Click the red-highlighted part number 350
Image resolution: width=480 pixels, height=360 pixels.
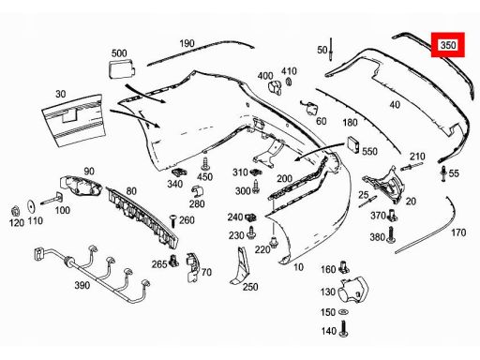(x=448, y=45)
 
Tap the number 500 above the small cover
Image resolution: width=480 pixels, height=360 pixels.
(x=119, y=53)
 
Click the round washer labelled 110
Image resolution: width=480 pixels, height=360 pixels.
(x=32, y=206)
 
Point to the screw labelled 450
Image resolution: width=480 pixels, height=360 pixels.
(x=205, y=164)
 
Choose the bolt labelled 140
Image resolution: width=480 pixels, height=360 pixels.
(x=343, y=329)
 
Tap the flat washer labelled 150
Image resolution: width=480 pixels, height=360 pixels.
(x=343, y=312)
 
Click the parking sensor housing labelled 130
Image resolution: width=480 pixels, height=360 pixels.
(x=353, y=290)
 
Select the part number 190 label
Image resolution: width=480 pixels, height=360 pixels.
(x=187, y=43)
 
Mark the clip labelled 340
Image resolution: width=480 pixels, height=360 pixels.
(x=179, y=172)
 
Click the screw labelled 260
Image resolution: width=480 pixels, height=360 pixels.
(x=172, y=221)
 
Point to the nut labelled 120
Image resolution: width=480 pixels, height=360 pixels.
(x=15, y=211)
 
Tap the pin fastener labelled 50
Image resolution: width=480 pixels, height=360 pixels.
(x=330, y=49)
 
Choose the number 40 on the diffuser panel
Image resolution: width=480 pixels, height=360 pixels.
(x=395, y=104)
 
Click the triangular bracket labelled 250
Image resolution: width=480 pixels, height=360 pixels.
(x=240, y=266)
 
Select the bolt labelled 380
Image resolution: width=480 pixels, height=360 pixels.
(x=391, y=235)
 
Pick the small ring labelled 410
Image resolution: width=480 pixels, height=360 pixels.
(x=289, y=82)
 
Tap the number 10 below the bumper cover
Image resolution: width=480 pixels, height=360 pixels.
(x=298, y=267)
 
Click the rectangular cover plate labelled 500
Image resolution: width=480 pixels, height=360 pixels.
(x=122, y=69)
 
